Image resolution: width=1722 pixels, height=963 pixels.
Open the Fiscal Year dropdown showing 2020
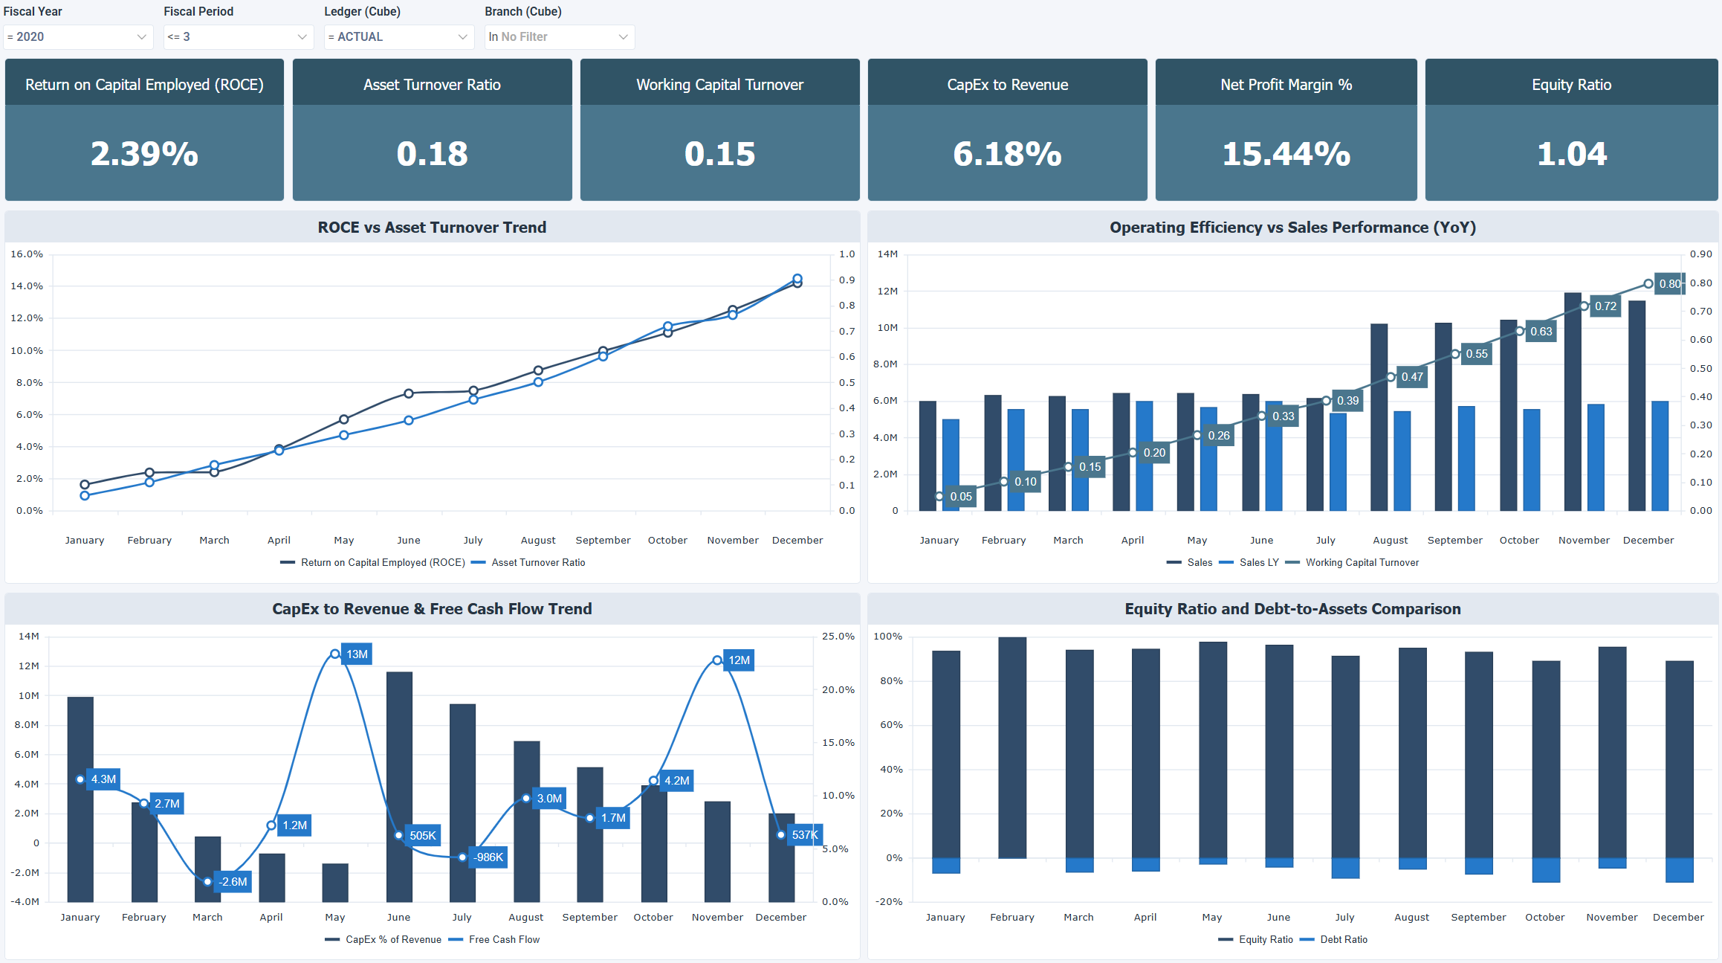pos(77,36)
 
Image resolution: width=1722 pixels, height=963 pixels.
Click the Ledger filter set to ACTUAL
pos(398,36)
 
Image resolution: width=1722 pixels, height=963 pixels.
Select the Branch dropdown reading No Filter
pos(559,36)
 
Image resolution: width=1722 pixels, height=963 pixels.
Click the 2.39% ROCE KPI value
pos(144,154)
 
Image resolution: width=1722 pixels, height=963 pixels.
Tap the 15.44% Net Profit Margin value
pos(1286,154)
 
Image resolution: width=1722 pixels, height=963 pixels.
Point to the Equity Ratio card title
pos(1571,85)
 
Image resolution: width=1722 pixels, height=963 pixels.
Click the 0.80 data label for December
pos(1669,283)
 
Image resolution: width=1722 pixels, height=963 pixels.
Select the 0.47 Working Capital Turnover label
pos(1411,377)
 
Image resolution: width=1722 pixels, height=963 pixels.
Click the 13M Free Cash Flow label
pos(357,654)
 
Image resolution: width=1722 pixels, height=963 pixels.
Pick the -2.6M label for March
pos(233,882)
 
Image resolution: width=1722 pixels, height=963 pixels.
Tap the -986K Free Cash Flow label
pos(488,857)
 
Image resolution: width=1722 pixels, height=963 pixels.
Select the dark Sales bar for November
pos(1573,402)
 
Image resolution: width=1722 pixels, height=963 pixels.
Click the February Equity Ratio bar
pos(1011,747)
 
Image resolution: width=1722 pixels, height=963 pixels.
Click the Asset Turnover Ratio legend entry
pos(537,563)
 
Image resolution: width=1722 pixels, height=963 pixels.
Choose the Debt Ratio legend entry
pos(1343,940)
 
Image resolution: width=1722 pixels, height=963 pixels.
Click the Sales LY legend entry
pos(1258,563)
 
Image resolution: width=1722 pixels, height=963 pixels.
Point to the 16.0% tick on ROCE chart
pos(27,254)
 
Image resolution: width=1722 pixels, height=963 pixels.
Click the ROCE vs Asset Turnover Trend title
pos(432,228)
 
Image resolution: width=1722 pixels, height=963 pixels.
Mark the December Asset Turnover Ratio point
pos(797,279)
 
